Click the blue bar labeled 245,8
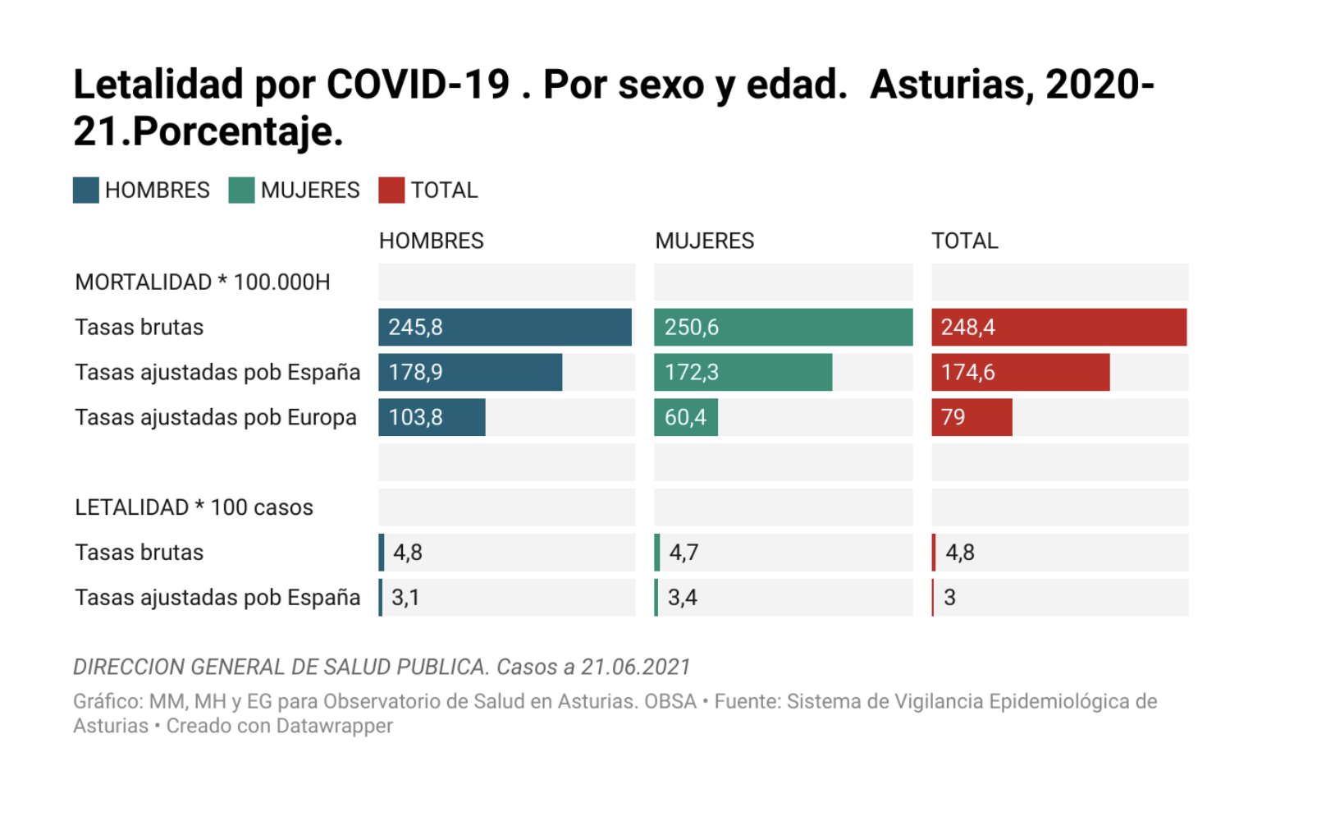coord(505,327)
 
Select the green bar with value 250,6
coord(783,327)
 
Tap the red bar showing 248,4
coord(1059,327)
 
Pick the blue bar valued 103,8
coord(432,417)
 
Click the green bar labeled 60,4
coord(686,417)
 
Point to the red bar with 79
coord(972,417)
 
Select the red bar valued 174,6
coord(1020,372)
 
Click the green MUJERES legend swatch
coord(241,190)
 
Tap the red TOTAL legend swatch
coord(391,190)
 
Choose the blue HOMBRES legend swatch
coord(85,190)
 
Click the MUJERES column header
coord(704,241)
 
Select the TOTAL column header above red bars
coord(964,241)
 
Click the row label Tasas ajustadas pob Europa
coord(216,417)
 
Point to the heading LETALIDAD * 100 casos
coord(194,507)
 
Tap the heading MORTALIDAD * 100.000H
coord(202,282)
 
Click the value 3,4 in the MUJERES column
coord(682,598)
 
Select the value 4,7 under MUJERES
coord(684,553)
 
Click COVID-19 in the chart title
coord(418,85)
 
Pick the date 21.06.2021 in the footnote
coord(636,667)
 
